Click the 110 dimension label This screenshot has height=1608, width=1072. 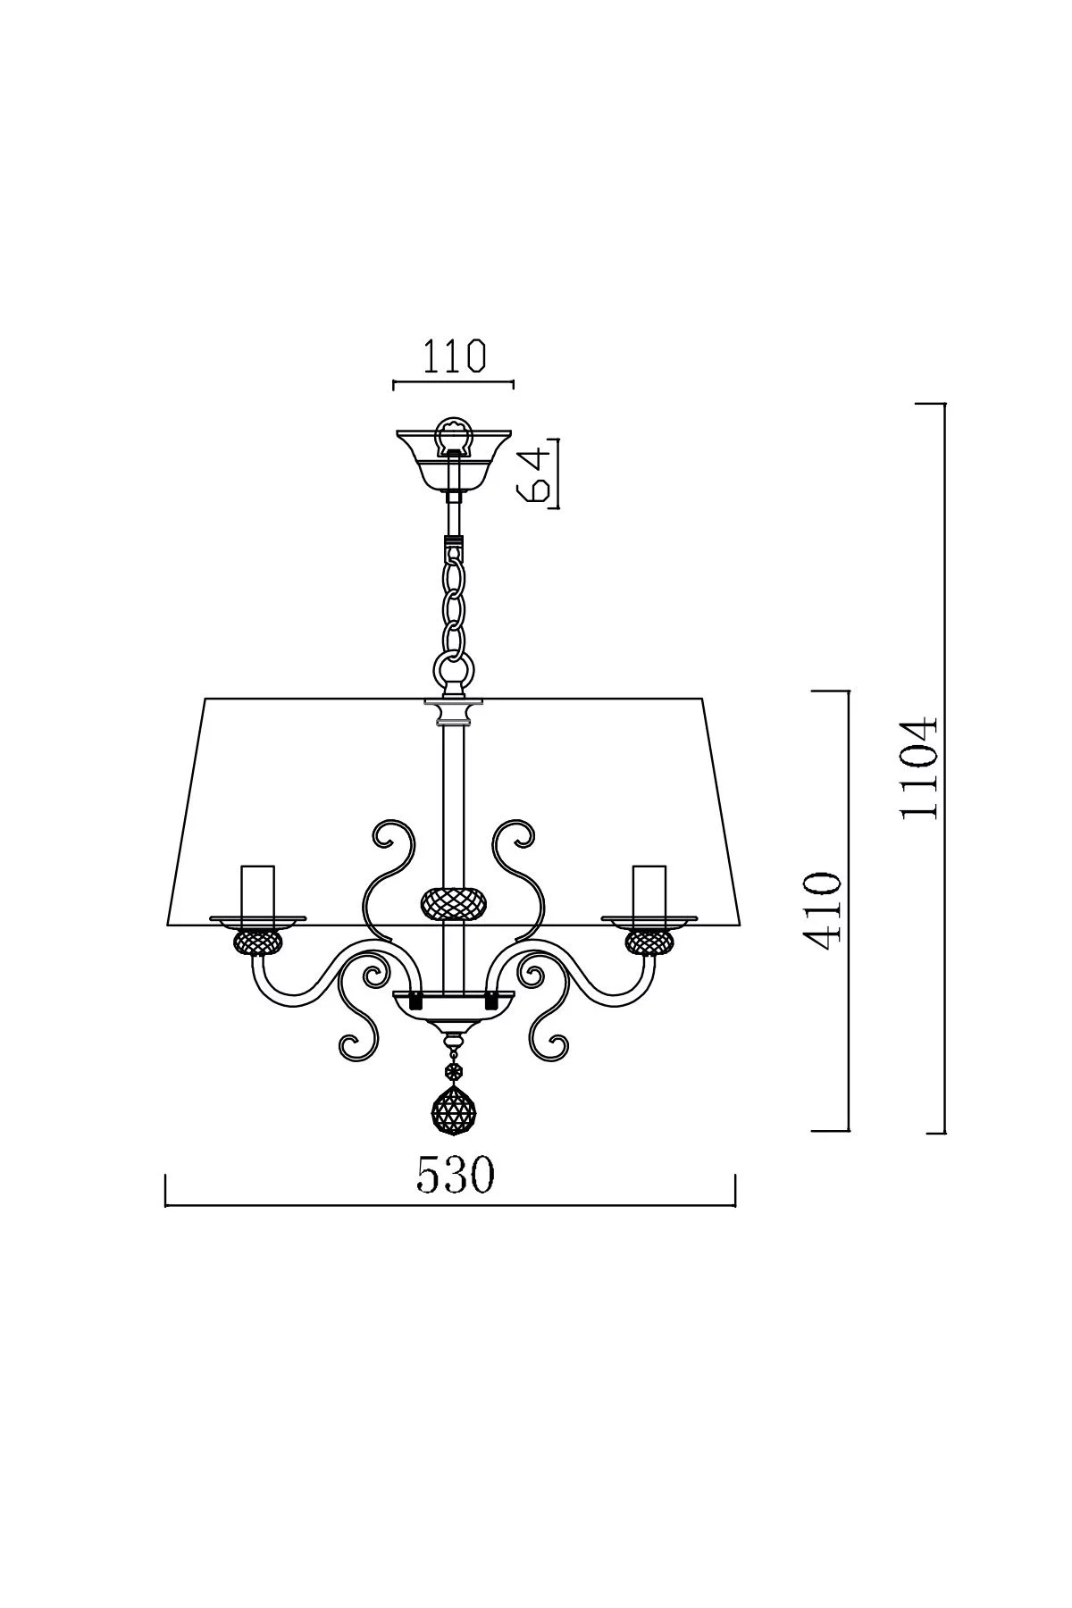click(x=454, y=356)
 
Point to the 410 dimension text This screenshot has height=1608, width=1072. click(x=822, y=912)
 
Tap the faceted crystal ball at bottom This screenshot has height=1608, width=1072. click(x=454, y=1110)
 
